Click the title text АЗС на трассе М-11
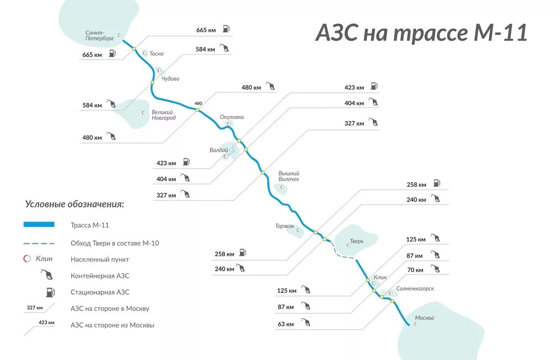tap(421, 33)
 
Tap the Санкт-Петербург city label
tap(100, 36)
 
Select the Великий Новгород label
tap(164, 115)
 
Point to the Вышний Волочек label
tap(289, 176)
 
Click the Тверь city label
tap(357, 242)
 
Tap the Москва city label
tap(424, 318)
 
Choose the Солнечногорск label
tap(415, 289)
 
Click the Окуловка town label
tap(232, 117)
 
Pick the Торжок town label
tap(285, 226)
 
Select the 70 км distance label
tap(415, 270)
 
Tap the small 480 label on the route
tap(198, 103)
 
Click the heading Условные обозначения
tap(75, 204)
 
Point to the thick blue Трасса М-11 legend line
tap(39, 225)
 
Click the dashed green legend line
tap(39, 243)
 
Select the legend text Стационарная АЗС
tap(100, 292)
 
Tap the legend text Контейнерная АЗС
tap(100, 276)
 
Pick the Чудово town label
tap(170, 79)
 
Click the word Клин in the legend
tap(44, 259)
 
